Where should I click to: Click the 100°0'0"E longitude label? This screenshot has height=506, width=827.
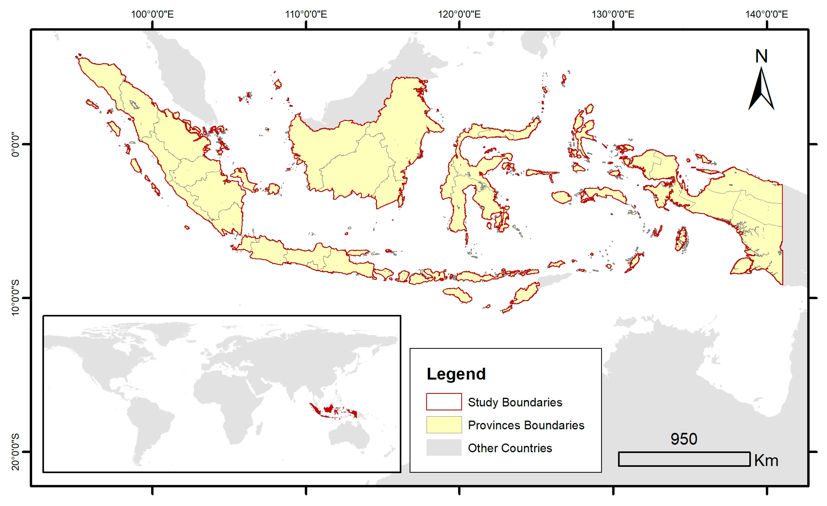coord(152,14)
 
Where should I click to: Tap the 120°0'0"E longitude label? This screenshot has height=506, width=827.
coord(459,14)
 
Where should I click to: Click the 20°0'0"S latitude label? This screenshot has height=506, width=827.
coord(15,452)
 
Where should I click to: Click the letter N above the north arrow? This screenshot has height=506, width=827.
coord(761,56)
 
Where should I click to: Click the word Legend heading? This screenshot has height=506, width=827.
coord(456,374)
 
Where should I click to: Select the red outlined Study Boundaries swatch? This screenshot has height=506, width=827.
coord(444,402)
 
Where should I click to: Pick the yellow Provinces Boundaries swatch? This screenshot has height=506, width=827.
coord(444,425)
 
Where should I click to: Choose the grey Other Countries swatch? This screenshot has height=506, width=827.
coord(444,448)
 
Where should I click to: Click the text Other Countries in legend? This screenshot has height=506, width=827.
coord(509,448)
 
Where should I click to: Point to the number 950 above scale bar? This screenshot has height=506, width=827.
coord(684,439)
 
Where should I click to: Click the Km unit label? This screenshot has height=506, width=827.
coord(766,460)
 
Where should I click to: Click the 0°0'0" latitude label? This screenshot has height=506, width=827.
coord(15,144)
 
